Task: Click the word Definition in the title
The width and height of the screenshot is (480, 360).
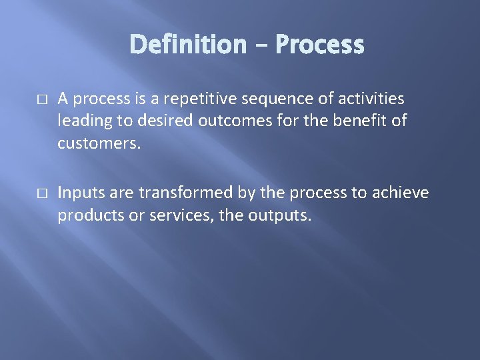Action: tap(187, 45)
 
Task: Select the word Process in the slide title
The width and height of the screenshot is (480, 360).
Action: tap(319, 45)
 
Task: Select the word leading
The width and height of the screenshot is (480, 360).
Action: tap(82, 122)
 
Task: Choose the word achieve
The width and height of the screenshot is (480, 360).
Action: tap(400, 193)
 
